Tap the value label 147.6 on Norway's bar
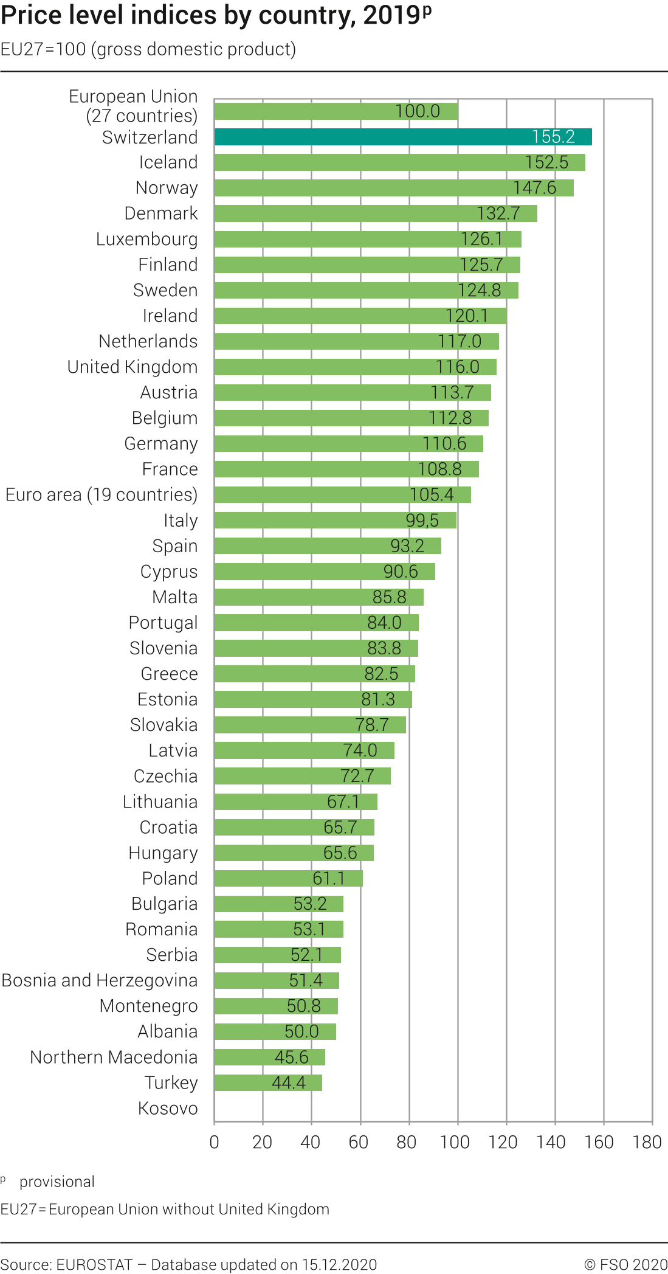[x=534, y=188]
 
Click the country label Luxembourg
[x=146, y=239]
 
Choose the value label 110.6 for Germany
[x=444, y=443]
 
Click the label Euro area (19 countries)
[x=102, y=494]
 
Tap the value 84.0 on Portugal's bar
[x=384, y=622]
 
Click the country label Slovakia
[x=164, y=724]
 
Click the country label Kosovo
[x=168, y=1108]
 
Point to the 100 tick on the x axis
[x=455, y=1142]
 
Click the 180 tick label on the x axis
[x=647, y=1142]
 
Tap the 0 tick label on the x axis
[x=214, y=1142]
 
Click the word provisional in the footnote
[x=57, y=1182]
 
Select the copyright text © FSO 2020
[x=625, y=1264]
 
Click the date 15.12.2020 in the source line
[x=339, y=1264]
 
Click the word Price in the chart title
[x=30, y=16]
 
